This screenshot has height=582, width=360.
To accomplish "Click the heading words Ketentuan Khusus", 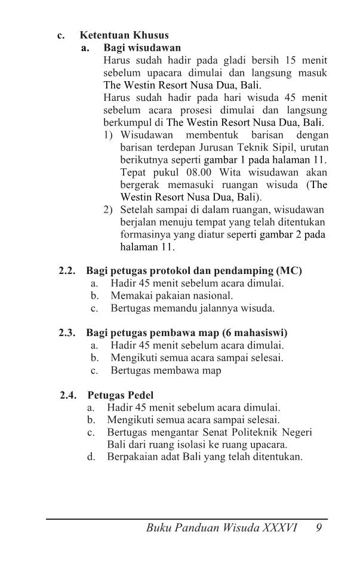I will [x=124, y=35].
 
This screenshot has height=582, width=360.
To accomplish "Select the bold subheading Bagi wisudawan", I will [x=142, y=47].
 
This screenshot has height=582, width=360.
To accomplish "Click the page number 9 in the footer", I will [x=320, y=528].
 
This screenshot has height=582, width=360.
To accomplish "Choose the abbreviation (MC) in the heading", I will [x=288, y=271].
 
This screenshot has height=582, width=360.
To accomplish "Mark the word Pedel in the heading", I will [x=139, y=395].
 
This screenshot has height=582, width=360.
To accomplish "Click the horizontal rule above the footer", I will [x=187, y=519].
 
